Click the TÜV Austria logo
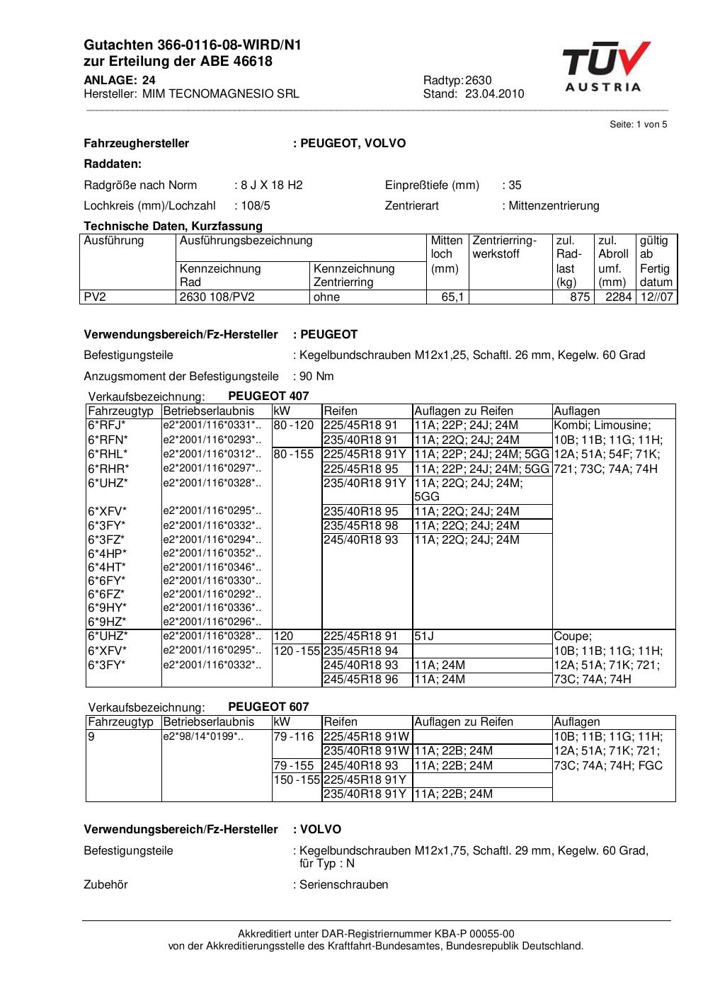(x=606, y=67)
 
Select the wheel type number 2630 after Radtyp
(x=479, y=80)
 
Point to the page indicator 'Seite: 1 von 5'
(x=638, y=125)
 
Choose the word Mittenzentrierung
(x=554, y=206)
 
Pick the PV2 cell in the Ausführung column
(x=95, y=297)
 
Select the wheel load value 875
(x=580, y=297)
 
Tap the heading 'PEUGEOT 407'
(x=268, y=396)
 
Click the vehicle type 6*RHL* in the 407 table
(x=108, y=455)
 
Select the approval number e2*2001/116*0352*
(x=211, y=554)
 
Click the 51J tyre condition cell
(x=424, y=636)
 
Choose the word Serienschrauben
(x=343, y=884)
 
